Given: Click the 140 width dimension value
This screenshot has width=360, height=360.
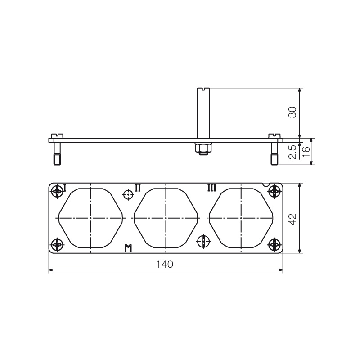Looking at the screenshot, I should coord(165,264).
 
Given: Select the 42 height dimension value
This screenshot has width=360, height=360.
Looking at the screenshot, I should coord(292,219).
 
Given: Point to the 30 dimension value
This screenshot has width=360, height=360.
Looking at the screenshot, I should coord(292,112).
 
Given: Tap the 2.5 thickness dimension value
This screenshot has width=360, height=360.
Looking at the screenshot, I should coord(292,152).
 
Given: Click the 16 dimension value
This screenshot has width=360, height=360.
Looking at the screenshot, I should coord(306,152).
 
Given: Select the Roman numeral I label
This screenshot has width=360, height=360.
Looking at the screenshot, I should coord(64,188).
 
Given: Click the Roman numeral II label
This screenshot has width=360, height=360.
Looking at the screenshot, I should coord(138,187).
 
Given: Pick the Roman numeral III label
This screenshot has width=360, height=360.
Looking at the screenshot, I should coord(211,187).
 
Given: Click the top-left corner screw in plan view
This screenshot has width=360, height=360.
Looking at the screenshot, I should coord(57,192).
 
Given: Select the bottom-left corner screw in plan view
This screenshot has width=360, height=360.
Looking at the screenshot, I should coord(57,245).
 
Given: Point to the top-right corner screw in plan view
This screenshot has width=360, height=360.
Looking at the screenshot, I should coord(274,192).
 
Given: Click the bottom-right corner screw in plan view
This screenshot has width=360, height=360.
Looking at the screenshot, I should coord(274,245).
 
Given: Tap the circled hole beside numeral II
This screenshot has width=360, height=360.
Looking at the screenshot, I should coord(128,195).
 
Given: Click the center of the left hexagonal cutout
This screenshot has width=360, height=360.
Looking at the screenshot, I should coord(91,218).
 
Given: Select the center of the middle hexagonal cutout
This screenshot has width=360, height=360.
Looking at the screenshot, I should coord(166,218).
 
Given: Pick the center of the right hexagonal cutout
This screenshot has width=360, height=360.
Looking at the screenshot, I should coord(242,218).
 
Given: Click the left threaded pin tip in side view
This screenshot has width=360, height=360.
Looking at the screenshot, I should coord(57,159).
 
